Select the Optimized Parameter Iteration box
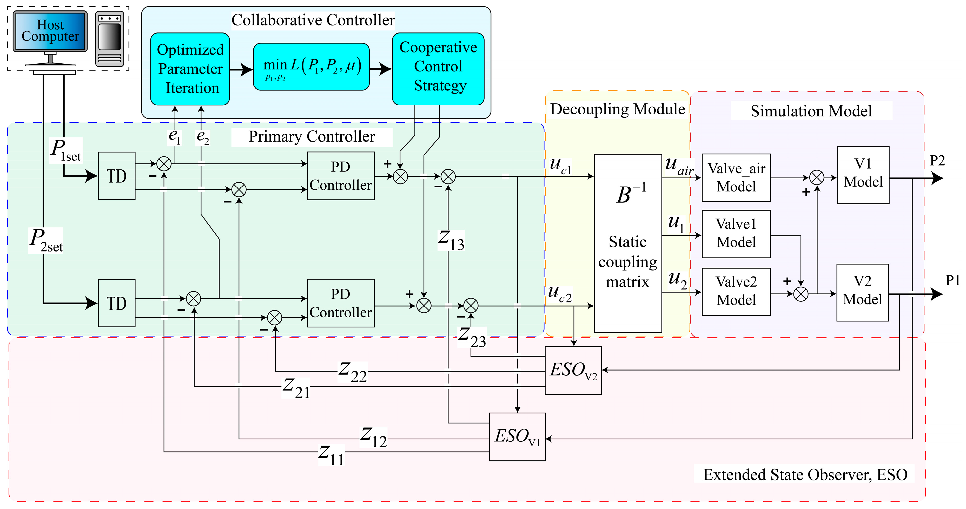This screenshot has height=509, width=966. (190, 69)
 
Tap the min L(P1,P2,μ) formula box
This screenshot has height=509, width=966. (311, 67)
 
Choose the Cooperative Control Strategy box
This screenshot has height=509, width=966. (438, 69)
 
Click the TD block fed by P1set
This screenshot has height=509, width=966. (117, 176)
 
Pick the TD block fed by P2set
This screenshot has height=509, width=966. (117, 303)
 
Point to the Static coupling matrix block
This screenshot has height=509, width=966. (628, 243)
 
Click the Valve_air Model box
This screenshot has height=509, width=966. (736, 177)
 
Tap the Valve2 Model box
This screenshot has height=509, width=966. (736, 292)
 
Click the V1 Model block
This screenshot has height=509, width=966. (863, 175)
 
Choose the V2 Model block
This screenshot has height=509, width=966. (863, 293)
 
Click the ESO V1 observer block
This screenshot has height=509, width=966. (518, 437)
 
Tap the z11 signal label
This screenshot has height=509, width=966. (331, 455)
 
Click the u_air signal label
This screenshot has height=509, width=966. (679, 166)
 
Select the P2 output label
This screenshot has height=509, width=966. (937, 161)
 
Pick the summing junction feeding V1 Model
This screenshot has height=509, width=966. (817, 177)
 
